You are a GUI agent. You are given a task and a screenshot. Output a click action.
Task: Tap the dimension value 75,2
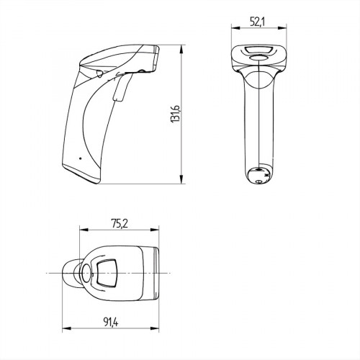(x=120, y=224)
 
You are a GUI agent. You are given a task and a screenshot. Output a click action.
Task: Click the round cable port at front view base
(x=257, y=173)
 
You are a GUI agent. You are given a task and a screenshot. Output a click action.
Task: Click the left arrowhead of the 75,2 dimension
(x=80, y=230)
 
